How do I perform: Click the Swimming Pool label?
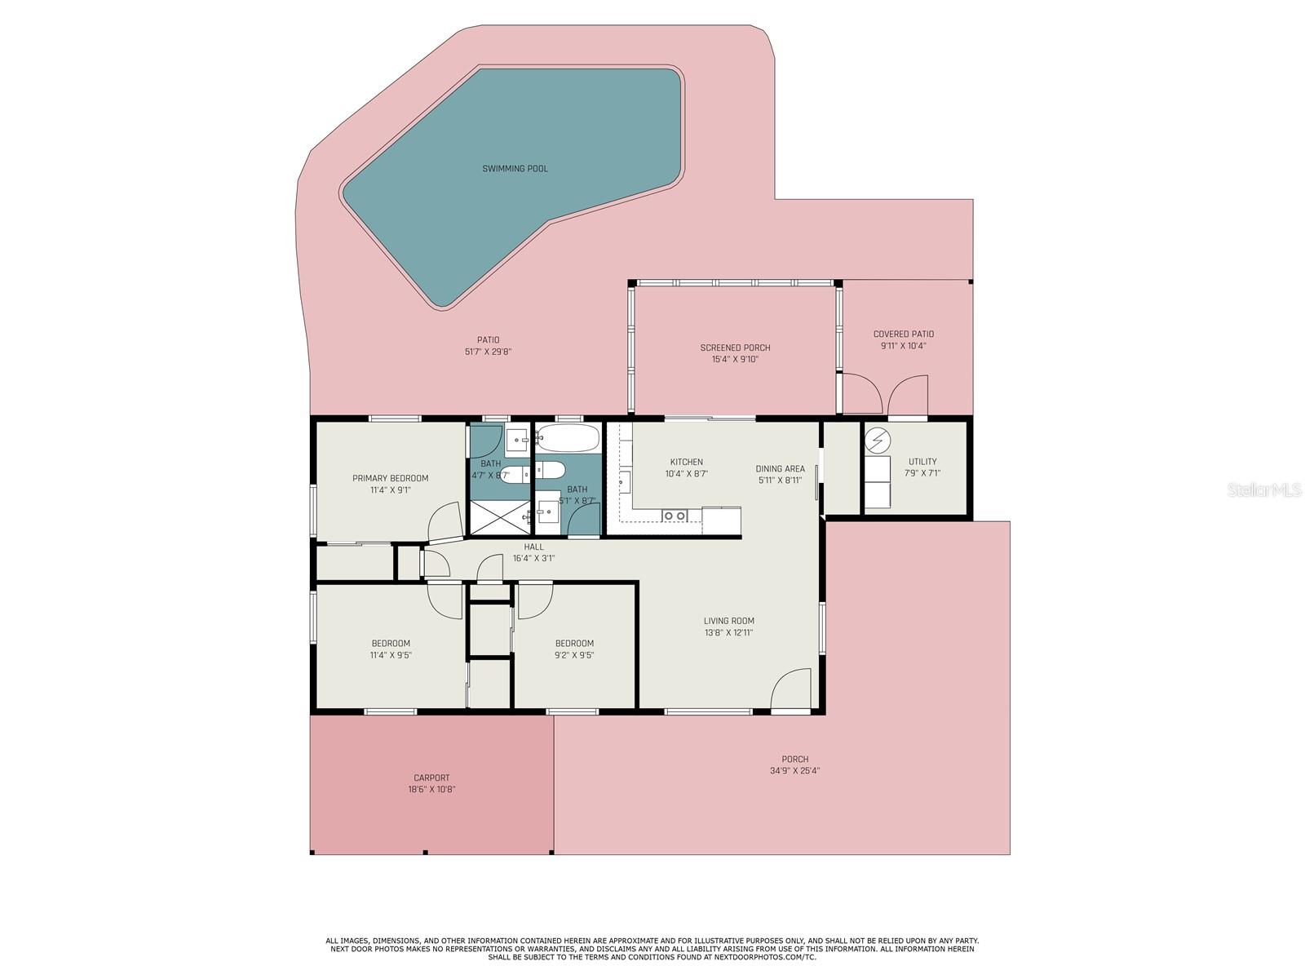(515, 169)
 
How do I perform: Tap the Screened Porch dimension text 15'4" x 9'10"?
(735, 359)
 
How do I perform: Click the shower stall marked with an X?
(498, 517)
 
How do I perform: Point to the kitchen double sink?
(675, 516)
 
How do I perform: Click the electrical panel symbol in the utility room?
(878, 441)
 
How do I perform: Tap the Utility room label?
(922, 462)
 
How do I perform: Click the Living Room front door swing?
(790, 690)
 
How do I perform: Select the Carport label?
(431, 778)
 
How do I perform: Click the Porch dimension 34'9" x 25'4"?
(794, 771)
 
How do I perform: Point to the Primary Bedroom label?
(390, 479)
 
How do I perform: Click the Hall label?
(533, 547)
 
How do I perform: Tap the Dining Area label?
(780, 469)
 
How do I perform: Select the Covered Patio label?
(903, 334)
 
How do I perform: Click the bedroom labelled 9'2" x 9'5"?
(574, 649)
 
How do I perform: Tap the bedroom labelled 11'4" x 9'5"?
(391, 649)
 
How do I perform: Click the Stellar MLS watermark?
(1264, 489)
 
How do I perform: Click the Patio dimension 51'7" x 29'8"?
(488, 352)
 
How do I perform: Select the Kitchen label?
(686, 463)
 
